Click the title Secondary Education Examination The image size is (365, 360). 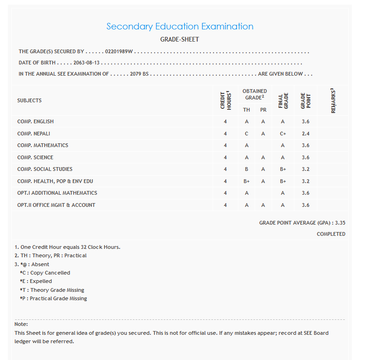180,27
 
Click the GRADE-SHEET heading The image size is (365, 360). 179,40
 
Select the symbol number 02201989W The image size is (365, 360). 119,51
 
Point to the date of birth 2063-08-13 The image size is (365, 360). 86,63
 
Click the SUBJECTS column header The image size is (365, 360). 29,100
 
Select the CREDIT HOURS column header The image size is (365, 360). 225,100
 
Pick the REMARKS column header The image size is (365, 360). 333,100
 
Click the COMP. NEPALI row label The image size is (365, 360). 34,134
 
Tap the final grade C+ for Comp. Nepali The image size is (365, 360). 283,134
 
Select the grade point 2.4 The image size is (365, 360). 306,134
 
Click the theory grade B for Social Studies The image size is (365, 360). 247,169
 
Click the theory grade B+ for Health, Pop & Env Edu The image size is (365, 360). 247,181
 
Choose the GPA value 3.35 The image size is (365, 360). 340,223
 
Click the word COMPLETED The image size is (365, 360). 331,234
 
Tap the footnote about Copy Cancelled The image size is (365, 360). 45,273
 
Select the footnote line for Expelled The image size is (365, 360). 36,281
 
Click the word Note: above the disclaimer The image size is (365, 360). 21,324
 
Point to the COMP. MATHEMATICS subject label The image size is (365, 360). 43,145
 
